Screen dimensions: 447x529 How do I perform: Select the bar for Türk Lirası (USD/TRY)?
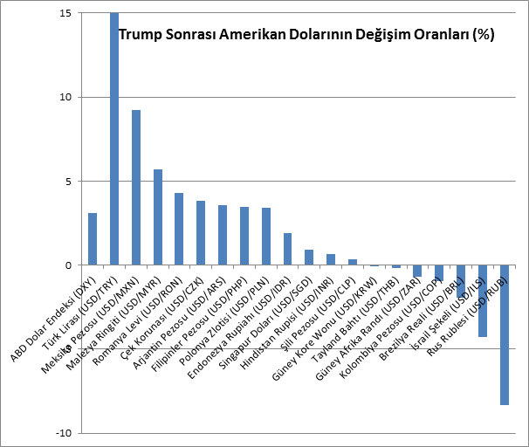pos(114,139)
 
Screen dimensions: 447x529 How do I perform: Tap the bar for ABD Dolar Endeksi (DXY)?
pos(93,238)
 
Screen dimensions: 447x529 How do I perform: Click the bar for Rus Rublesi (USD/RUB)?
pos(505,334)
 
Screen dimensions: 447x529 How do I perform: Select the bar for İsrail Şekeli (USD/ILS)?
pos(483,300)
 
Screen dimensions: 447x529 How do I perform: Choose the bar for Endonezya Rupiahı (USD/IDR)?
pos(287,249)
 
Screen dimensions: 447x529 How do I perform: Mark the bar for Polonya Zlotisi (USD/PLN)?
pos(266,236)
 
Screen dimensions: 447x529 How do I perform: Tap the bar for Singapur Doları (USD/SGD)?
pos(309,257)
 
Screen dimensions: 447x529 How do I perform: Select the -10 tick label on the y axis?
pos(63,433)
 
